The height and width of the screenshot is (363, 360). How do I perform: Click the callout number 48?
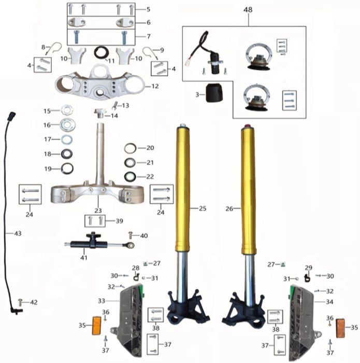(248, 10)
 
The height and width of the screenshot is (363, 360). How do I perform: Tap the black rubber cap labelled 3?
(214, 93)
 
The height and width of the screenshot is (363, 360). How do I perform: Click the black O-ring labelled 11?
(102, 52)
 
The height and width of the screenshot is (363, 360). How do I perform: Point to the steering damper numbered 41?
(99, 243)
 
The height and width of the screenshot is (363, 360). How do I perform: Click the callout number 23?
(98, 211)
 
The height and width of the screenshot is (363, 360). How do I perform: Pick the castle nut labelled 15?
(67, 110)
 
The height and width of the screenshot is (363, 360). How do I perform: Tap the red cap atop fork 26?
(248, 126)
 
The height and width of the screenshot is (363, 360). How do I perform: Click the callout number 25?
(203, 208)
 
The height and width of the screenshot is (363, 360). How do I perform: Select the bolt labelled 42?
(20, 302)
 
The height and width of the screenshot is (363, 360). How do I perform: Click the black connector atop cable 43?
(11, 116)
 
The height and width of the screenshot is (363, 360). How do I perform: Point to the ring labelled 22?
(129, 177)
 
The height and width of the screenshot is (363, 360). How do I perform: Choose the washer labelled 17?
(67, 139)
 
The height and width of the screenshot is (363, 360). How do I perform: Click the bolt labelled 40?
(131, 235)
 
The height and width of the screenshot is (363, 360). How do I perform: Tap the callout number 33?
(102, 301)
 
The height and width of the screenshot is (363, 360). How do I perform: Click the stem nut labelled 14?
(99, 113)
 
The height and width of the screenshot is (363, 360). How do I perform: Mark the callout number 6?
(149, 22)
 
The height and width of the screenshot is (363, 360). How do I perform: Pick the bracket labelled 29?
(307, 277)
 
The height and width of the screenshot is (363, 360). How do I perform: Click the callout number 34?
(329, 302)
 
